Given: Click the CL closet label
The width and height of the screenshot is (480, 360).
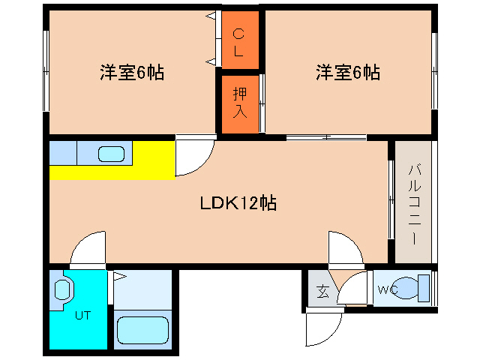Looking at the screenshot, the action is [238, 42].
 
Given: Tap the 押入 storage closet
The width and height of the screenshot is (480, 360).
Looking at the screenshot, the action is [240, 104].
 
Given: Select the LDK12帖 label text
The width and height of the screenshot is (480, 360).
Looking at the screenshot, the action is [238, 203].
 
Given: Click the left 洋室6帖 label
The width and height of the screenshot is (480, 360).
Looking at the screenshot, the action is [132, 73].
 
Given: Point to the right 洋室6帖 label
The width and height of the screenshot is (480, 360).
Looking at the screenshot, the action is [348, 73].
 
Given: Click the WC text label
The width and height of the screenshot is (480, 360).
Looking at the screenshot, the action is [388, 289].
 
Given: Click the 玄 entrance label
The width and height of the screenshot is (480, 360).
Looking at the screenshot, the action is [322, 291].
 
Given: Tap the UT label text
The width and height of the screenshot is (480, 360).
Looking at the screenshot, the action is [83, 315].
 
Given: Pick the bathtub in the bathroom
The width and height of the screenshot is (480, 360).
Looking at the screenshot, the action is [142, 331].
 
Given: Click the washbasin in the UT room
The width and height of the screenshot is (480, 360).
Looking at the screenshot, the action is [62, 290].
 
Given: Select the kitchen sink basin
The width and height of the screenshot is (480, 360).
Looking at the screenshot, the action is [111, 154].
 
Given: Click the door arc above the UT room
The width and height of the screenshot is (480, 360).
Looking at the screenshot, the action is [81, 241].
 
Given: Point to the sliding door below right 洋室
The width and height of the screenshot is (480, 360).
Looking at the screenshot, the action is [326, 137].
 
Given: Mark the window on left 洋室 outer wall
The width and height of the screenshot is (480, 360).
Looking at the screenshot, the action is [46, 71].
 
